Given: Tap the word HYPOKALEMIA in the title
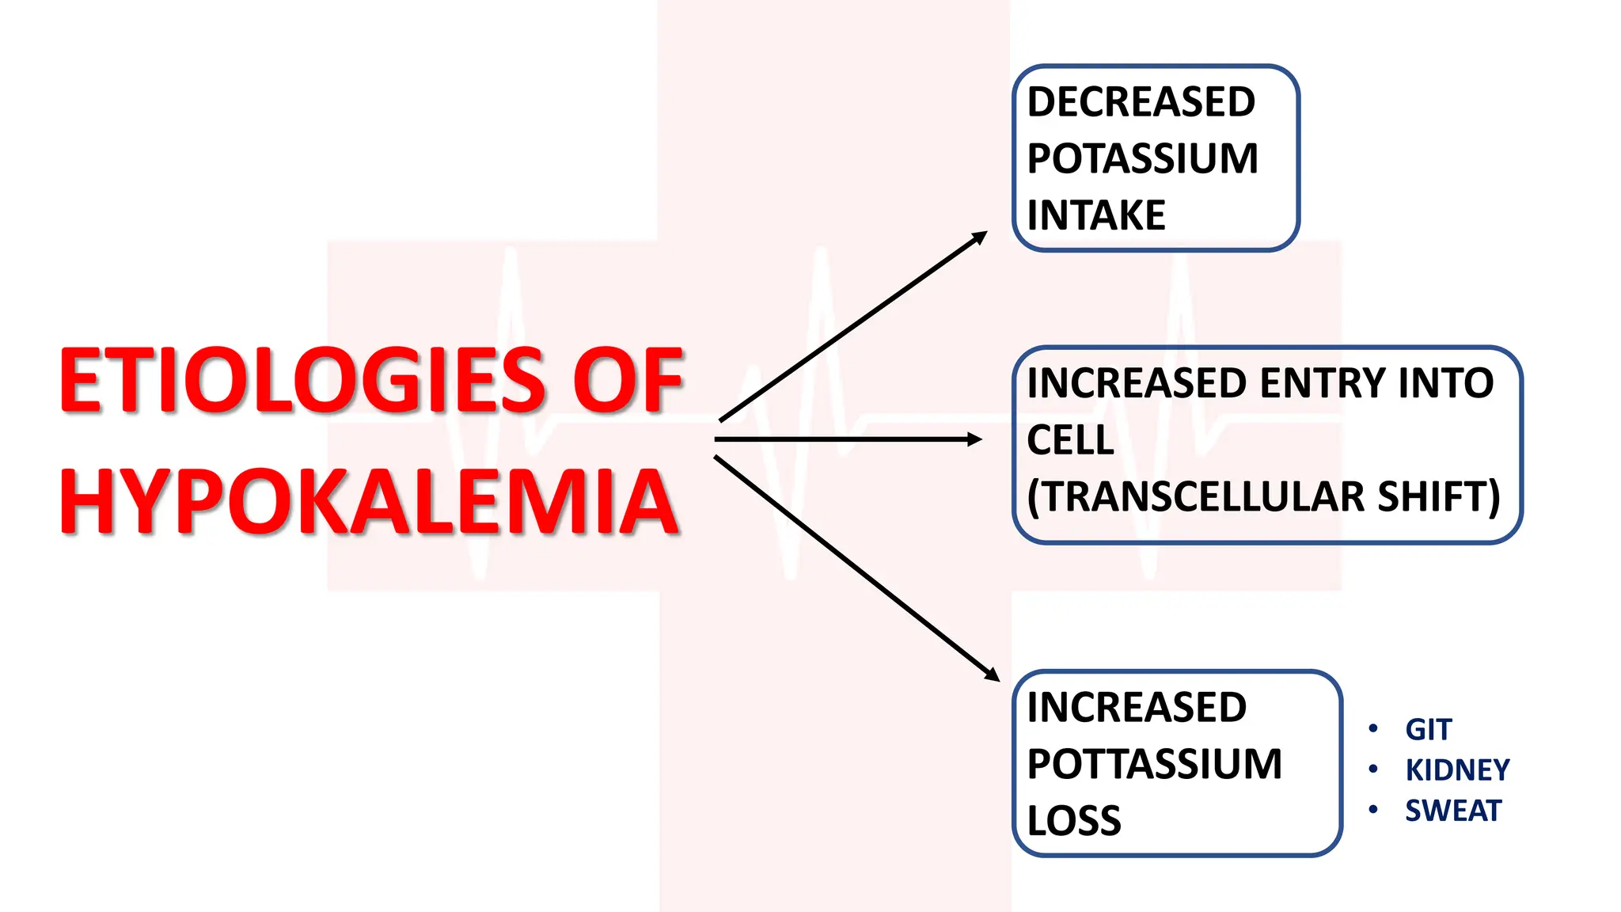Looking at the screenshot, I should (x=369, y=502).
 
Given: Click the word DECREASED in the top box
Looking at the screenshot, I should (x=1141, y=102).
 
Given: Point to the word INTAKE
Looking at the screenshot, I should (x=1096, y=215).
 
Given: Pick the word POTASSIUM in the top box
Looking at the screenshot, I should (x=1142, y=158).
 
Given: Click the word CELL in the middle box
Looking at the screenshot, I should (x=1070, y=440).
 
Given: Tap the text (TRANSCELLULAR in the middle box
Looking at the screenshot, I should (x=1195, y=497).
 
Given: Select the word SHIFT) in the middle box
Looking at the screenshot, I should (x=1439, y=497).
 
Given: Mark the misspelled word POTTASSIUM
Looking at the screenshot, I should (x=1154, y=764).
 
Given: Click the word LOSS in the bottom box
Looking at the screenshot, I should (x=1074, y=821).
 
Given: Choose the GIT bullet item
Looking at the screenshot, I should (x=1428, y=729).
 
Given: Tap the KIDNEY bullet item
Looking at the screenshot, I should (x=1457, y=769).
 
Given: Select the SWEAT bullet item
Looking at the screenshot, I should (x=1453, y=811).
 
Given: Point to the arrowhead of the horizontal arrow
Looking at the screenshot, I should (x=975, y=439).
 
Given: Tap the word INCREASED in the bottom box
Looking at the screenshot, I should (x=1137, y=707).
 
